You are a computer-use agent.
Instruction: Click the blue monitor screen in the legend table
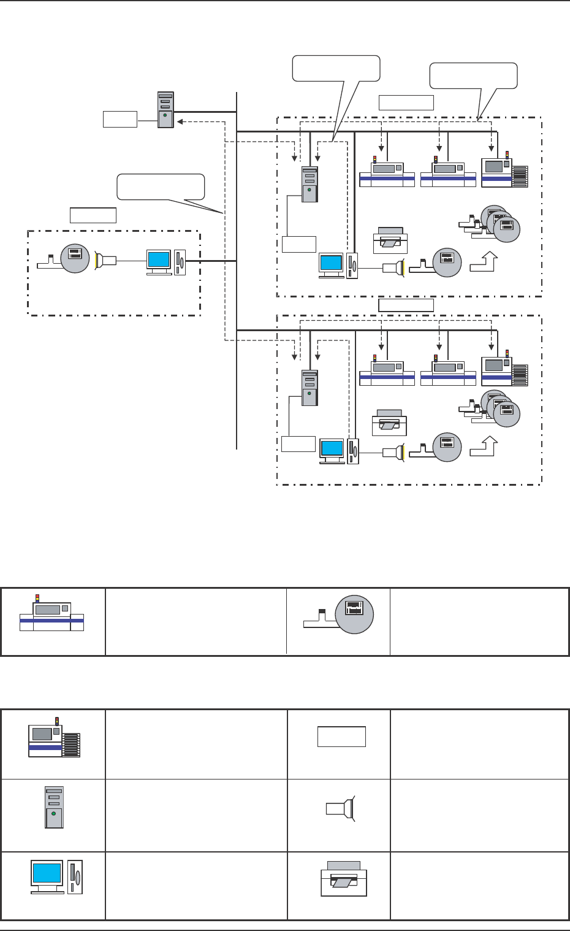click(x=47, y=873)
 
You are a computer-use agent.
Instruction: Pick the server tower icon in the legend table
click(x=54, y=807)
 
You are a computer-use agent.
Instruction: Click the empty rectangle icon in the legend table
click(x=341, y=737)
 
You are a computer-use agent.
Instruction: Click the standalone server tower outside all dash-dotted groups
click(x=165, y=110)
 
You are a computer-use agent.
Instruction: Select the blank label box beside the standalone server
click(x=120, y=119)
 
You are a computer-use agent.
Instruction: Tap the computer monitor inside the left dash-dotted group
click(x=159, y=259)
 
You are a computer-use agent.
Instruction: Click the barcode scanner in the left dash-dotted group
click(x=105, y=260)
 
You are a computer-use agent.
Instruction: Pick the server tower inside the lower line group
click(x=310, y=388)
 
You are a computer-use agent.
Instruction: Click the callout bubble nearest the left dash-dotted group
click(x=161, y=186)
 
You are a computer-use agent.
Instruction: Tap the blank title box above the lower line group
click(x=406, y=305)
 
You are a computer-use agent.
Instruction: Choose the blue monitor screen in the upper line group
click(x=332, y=263)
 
